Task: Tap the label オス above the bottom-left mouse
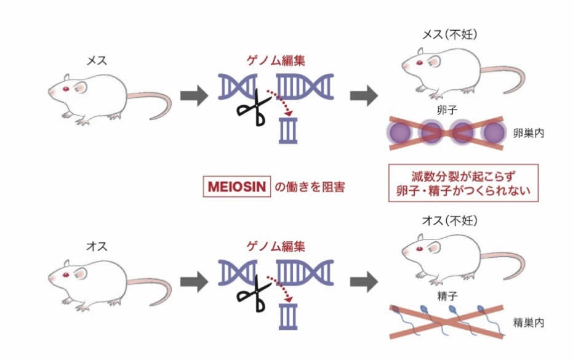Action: [x=97, y=246]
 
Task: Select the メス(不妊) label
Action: [x=447, y=34]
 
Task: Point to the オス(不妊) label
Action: [x=447, y=220]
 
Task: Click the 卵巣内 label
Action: [x=527, y=133]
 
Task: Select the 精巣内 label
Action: [x=527, y=322]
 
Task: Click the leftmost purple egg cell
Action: [x=399, y=133]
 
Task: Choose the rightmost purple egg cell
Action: [x=494, y=133]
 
